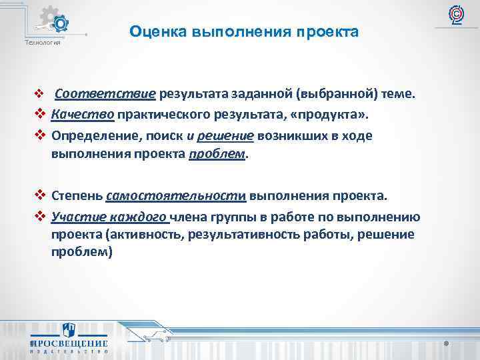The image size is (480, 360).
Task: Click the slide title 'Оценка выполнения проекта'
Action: pyautogui.click(x=244, y=31)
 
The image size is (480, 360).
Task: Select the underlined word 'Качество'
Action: pyautogui.click(x=83, y=115)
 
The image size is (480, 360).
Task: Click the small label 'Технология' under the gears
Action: pyautogui.click(x=42, y=43)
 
